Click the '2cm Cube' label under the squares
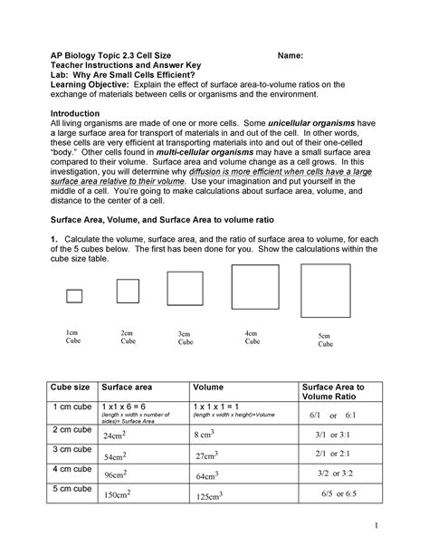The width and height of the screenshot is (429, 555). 128,338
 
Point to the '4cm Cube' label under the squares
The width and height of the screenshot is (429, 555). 253,338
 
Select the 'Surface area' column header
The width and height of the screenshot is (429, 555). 130,387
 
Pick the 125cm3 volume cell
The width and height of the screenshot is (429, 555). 210,497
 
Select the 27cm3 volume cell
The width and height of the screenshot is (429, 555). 210,455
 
